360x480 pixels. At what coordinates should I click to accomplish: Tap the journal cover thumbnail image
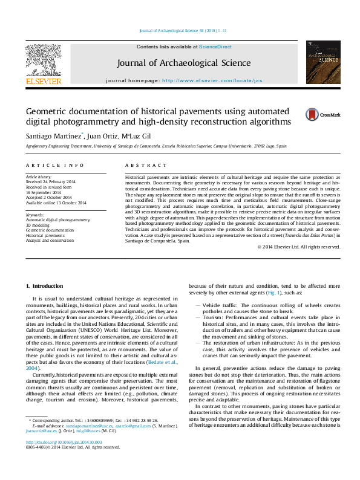click(322, 62)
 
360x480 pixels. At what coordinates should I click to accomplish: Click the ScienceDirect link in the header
click(216, 47)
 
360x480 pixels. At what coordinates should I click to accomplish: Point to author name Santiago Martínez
click(51, 135)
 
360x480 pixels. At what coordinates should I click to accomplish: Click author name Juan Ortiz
click(102, 135)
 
